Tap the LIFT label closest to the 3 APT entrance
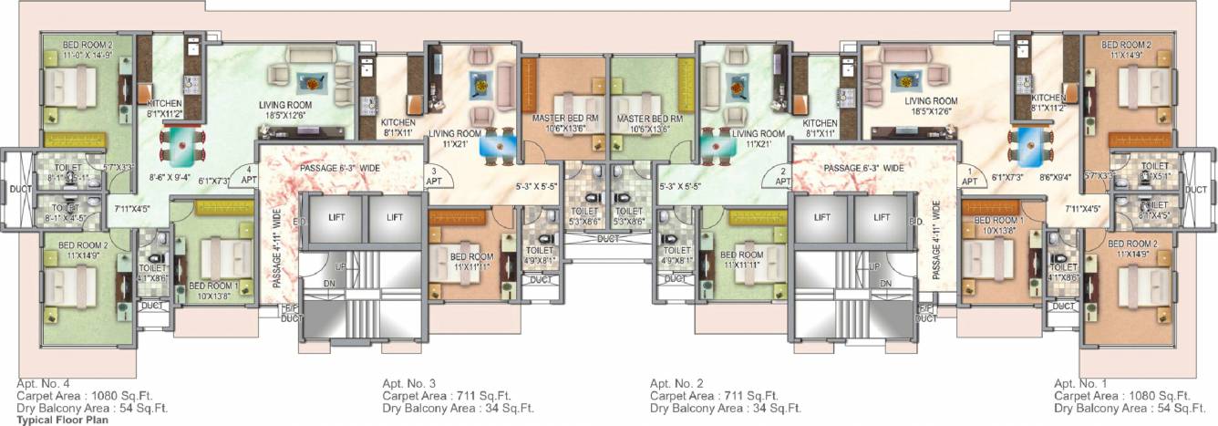[395, 218]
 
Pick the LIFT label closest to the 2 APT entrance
[821, 218]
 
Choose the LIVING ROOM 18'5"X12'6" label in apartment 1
[931, 106]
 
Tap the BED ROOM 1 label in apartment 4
[213, 291]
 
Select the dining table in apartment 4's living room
[181, 143]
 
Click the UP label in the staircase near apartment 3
[339, 265]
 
